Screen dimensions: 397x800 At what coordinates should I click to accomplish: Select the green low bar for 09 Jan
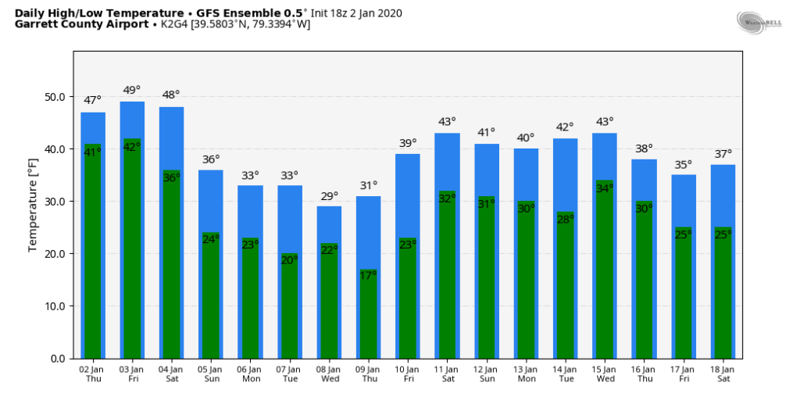point(368,317)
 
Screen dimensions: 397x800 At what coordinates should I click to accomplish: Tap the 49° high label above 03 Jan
point(132,90)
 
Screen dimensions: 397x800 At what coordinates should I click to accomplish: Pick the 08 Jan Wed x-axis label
point(329,374)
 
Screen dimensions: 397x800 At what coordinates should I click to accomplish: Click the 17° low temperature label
point(368,275)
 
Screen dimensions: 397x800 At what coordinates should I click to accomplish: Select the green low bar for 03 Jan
point(132,250)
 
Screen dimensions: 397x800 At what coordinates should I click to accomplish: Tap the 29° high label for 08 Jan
point(329,195)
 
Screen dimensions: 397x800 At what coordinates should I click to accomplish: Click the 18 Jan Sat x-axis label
point(723,374)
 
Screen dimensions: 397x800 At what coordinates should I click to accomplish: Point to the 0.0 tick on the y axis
point(59,359)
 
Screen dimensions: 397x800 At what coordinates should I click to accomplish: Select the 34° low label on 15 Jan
point(605,188)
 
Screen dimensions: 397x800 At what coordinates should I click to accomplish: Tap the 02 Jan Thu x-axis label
point(93,374)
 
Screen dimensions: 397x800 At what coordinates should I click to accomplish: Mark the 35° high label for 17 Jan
point(684,164)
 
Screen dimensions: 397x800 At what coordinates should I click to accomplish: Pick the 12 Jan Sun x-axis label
point(486,374)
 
